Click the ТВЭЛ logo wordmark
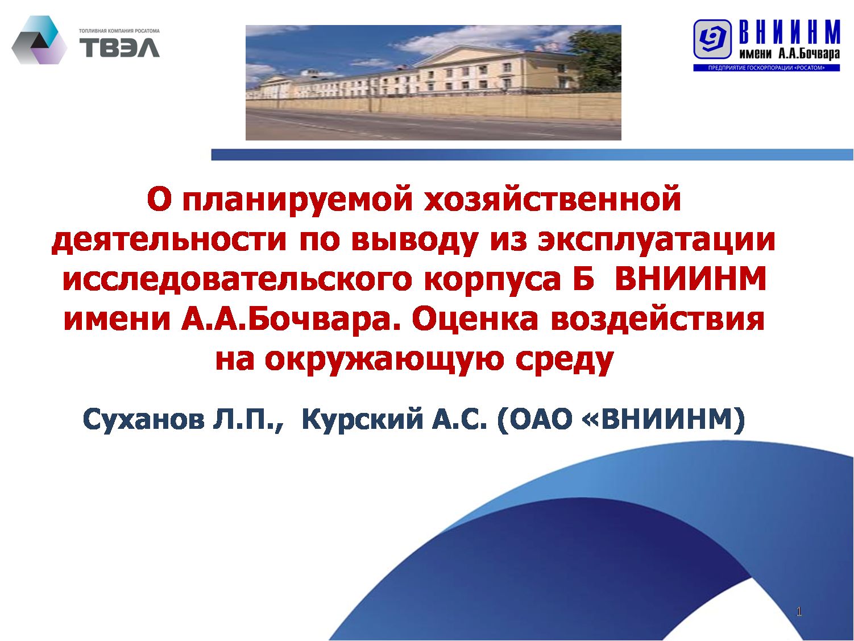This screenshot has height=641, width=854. (120, 48)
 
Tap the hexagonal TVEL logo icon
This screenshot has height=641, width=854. (39, 40)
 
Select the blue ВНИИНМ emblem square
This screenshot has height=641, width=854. (712, 39)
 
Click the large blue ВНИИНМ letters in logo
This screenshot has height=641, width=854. (789, 32)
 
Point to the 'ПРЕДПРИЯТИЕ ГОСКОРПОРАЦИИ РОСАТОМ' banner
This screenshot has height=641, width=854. (766, 68)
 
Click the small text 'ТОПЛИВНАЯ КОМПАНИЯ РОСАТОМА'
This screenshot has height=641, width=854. (119, 31)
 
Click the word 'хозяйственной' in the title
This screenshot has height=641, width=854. (552, 199)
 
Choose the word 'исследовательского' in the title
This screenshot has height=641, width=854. (237, 279)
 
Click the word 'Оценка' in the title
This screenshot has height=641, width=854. (475, 320)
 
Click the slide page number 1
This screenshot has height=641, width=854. (799, 611)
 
